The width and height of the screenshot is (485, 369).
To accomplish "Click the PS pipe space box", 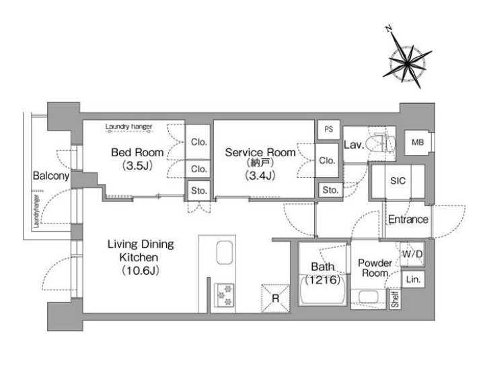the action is point(329,129).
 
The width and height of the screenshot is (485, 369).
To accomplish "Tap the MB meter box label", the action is point(418,143).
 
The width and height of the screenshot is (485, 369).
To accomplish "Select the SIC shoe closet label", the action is point(398,180).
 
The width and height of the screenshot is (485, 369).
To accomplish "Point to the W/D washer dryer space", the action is point(412,254).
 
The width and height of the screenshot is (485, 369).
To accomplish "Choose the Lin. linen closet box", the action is point(413,279).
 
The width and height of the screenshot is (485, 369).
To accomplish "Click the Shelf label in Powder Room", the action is point(395,300).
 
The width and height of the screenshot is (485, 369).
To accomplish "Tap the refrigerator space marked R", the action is point(276,298).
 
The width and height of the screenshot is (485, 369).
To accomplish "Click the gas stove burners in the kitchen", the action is point(225,295).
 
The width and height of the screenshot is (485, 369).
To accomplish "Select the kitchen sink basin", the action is point(225,253).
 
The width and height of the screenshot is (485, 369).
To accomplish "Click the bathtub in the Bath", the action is point(323,290).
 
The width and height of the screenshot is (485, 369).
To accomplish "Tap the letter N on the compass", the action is point(389,29).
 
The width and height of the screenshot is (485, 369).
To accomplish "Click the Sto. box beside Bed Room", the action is point(199,191).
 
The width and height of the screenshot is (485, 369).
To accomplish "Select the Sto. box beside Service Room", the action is point(330,190).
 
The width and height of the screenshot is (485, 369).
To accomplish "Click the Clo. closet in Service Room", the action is point(327,160).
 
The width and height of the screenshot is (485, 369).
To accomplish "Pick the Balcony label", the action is point(51,176).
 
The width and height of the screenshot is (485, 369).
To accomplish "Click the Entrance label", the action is point(408,220).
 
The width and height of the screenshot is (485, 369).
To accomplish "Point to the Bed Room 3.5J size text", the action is point(138,166).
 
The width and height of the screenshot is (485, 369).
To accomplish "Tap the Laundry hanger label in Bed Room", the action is point(128,127).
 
